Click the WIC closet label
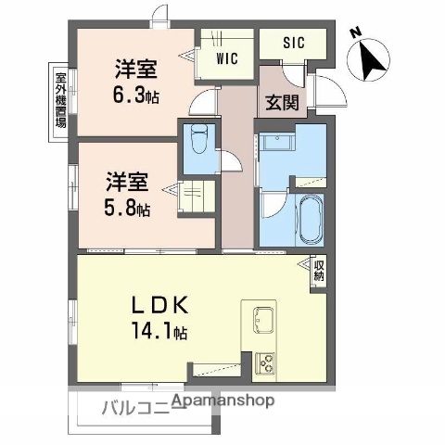pos(227,58)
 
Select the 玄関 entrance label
pos(283,102)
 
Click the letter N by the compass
pos(355,32)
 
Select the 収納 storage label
pos(319,271)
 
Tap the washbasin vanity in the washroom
pos(277,144)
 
